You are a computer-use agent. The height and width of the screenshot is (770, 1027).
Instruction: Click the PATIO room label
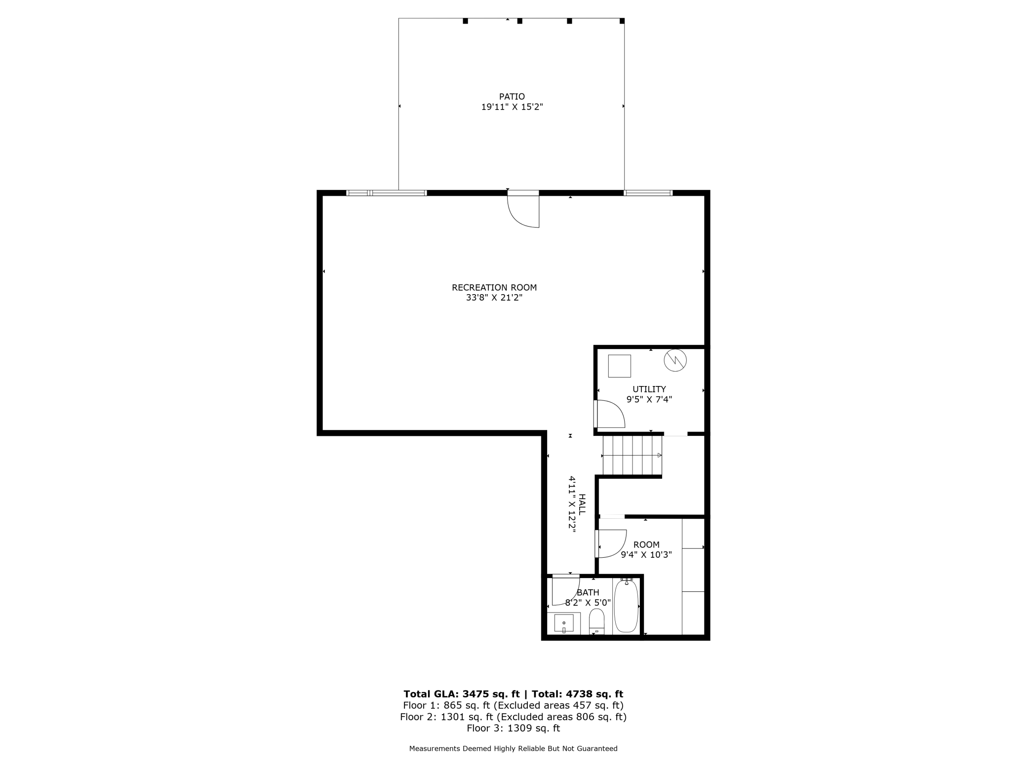[x=512, y=97]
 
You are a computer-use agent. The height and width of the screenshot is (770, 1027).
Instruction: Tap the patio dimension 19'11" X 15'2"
[x=512, y=107]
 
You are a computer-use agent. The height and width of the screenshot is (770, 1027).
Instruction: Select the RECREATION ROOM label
[x=494, y=287]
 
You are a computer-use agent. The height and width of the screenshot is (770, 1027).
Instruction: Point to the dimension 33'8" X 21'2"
[x=494, y=298]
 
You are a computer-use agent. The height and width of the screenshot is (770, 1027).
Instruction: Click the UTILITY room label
[x=649, y=389]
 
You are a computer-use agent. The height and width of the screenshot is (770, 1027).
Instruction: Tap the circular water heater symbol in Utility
[x=675, y=360]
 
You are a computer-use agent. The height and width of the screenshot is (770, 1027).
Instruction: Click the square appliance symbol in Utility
[x=619, y=366]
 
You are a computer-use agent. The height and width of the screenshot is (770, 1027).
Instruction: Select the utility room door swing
[x=610, y=414]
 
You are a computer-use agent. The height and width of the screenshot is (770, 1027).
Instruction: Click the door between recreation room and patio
[x=523, y=210]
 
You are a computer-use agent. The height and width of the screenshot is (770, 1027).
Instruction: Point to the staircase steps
[x=632, y=455]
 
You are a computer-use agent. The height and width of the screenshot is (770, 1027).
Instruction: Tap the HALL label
[x=582, y=504]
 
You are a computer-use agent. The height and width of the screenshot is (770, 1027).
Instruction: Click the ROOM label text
[x=646, y=544]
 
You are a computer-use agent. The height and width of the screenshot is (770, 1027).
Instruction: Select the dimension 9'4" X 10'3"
[x=646, y=555]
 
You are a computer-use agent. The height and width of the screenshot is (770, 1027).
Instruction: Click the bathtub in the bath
[x=626, y=606]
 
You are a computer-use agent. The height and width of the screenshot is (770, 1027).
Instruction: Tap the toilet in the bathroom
[x=597, y=622]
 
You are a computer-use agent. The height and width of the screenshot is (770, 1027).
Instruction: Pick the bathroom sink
[x=564, y=623]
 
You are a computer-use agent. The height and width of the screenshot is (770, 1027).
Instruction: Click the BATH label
[x=588, y=592]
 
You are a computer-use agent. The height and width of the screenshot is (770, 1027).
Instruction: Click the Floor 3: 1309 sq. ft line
[x=513, y=728]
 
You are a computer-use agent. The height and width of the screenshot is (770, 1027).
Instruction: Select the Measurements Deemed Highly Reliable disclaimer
[x=513, y=748]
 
